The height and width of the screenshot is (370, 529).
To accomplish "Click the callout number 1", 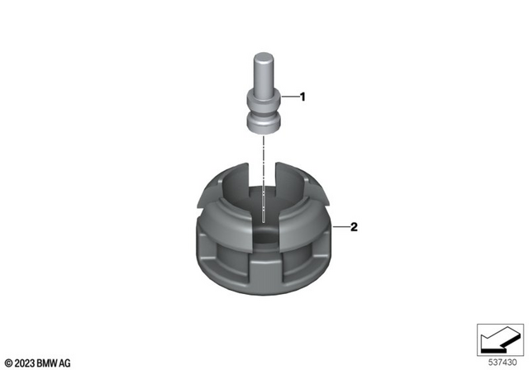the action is coord(303,97).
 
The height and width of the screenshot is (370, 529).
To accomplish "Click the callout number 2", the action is coord(354,227).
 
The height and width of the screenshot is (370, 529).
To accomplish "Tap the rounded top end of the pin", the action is coord(263,55).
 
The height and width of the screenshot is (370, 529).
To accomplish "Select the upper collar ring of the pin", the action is coord(264,98).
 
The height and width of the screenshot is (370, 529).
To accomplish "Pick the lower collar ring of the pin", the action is coord(264,123).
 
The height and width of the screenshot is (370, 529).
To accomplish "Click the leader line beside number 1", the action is coord(290,97).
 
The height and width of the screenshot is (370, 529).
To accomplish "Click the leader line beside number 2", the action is coord(341,227).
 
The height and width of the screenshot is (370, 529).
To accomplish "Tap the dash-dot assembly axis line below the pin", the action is coord(264,178).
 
